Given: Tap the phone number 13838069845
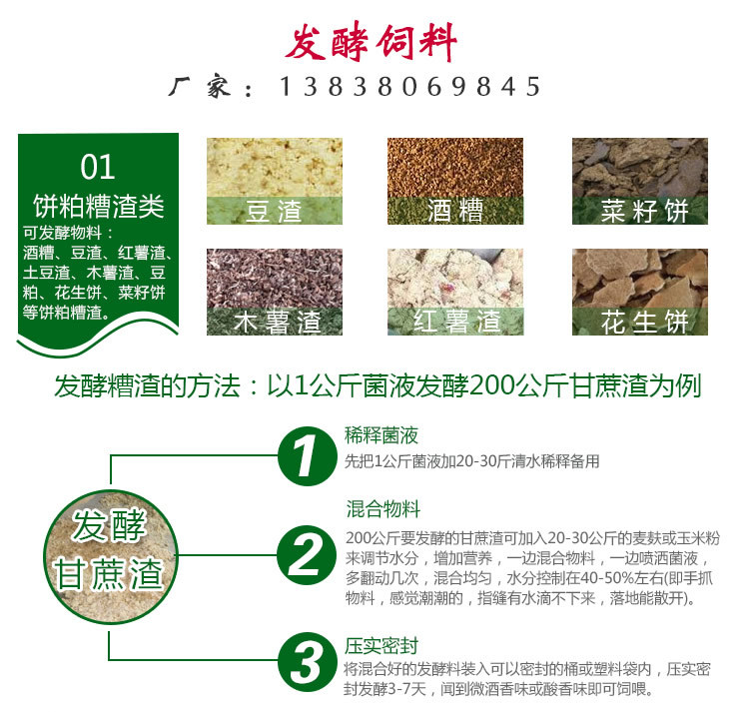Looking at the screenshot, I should [x=409, y=88].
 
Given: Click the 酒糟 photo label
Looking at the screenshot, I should [x=454, y=211].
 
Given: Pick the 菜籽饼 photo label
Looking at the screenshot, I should [x=639, y=211].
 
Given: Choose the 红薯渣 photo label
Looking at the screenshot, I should [x=454, y=322].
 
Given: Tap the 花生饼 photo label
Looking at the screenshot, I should [x=639, y=322].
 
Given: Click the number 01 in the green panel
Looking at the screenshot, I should [x=97, y=166].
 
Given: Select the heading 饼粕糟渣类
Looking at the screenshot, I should [x=97, y=208].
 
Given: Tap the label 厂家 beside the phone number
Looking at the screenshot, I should [x=212, y=88].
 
